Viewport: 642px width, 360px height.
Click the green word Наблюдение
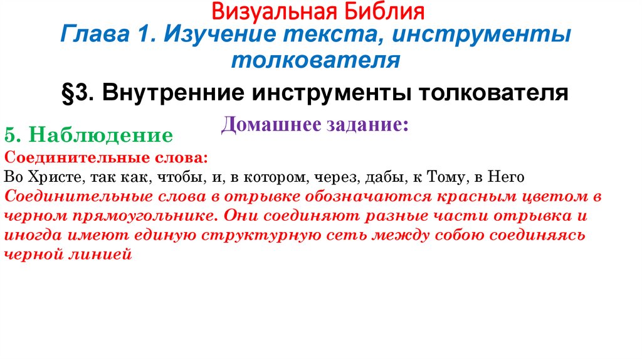101,135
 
